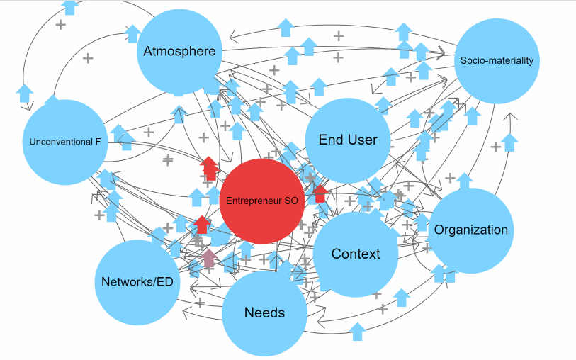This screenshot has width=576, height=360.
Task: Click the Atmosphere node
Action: pyautogui.click(x=179, y=51)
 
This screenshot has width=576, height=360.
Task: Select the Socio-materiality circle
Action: pyautogui.click(x=496, y=61)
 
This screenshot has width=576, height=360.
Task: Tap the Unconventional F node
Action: pyautogui.click(x=64, y=142)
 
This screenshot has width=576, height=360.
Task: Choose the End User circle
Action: pyautogui.click(x=348, y=140)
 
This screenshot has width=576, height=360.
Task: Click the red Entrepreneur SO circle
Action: pyautogui.click(x=262, y=201)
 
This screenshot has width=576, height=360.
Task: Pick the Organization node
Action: pyautogui.click(x=470, y=230)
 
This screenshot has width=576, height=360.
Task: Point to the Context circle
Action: pyautogui.click(x=356, y=254)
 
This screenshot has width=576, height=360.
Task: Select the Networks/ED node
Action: pyautogui.click(x=137, y=281)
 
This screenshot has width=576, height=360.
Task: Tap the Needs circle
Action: pyautogui.click(x=264, y=313)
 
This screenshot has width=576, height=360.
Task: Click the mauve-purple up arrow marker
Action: pyautogui.click(x=209, y=259)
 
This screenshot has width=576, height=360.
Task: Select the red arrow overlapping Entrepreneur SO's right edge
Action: pyautogui.click(x=320, y=193)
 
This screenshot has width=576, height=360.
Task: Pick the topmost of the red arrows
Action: pyautogui.click(x=209, y=168)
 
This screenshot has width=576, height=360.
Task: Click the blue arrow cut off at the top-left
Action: pyautogui.click(x=69, y=7)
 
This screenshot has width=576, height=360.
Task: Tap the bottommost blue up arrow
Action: pyautogui.click(x=357, y=330)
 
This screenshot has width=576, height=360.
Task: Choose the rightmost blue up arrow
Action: pyautogui.click(x=509, y=142)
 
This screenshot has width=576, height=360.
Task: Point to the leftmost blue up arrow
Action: pyautogui.click(x=24, y=92)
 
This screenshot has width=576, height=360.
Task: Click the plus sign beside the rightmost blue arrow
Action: pyautogui.click(x=496, y=147)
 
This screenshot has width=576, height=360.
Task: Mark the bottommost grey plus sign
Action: pyautogui.click(x=383, y=309)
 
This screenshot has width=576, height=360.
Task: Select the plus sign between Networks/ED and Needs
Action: pyautogui.click(x=201, y=303)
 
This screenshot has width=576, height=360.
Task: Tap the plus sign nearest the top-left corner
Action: pyautogui.click(x=60, y=24)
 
